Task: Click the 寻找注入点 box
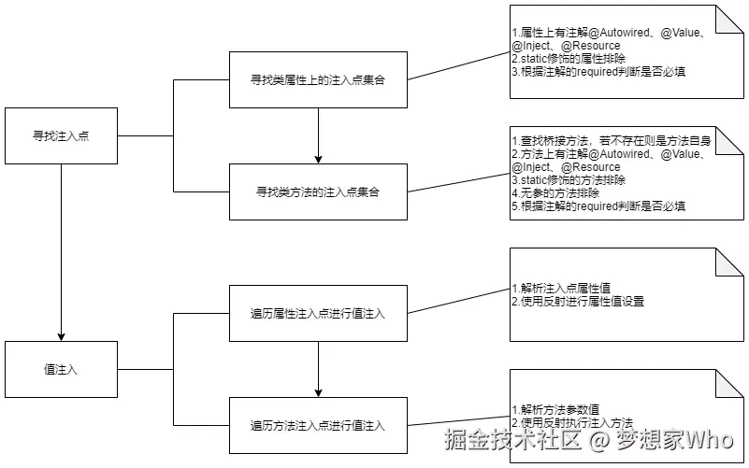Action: point(61,136)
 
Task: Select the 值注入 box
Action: point(61,370)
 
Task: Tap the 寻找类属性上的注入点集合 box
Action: point(318,80)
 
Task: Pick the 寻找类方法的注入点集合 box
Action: point(318,191)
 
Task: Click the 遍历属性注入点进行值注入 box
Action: point(318,313)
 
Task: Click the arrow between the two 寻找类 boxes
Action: point(318,135)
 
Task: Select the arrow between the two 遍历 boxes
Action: point(318,369)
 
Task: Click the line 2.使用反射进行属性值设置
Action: point(578,301)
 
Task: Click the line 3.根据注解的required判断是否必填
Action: point(598,71)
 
